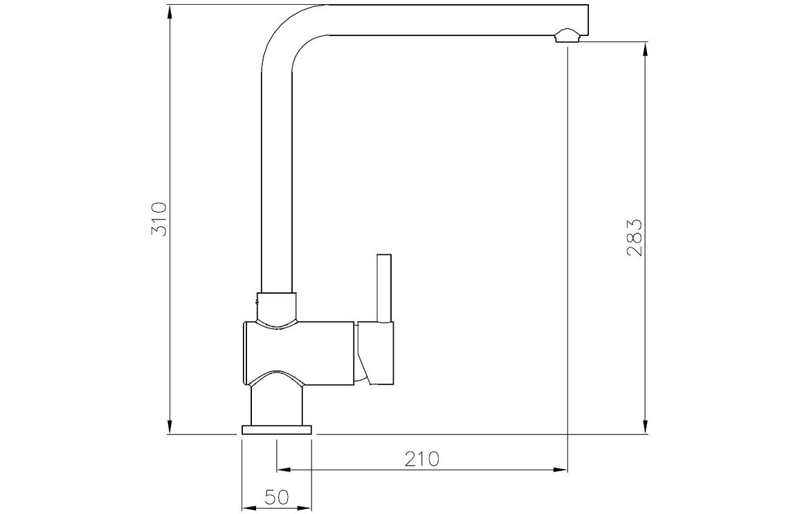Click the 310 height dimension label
[159, 219]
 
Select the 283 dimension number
[634, 238]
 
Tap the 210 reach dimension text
[422, 459]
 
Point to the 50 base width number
[277, 497]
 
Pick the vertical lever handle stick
[383, 287]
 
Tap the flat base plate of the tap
[277, 429]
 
